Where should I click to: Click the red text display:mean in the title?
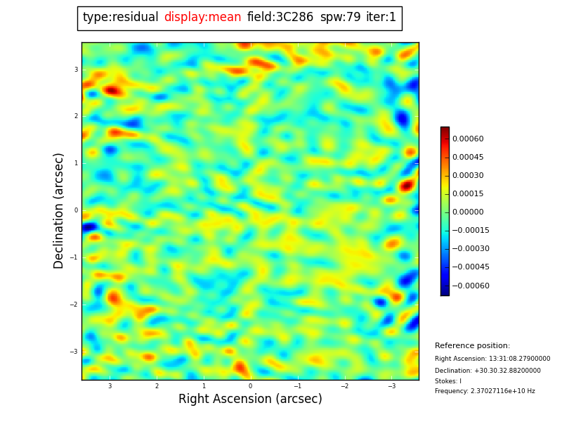[202, 18]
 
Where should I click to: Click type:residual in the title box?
[120, 18]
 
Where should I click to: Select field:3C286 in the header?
[280, 18]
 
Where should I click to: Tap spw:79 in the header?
[340, 18]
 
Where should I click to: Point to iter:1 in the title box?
[381, 18]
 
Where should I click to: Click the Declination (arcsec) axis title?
[59, 210]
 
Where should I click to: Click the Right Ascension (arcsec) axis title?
[250, 399]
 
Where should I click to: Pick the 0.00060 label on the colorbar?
[467, 139]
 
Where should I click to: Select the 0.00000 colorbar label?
[467, 212]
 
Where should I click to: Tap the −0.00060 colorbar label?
[470, 286]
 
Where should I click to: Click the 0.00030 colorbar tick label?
[467, 176]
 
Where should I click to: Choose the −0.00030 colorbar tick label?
[470, 249]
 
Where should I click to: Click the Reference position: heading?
[472, 346]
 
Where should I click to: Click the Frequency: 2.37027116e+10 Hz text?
[485, 391]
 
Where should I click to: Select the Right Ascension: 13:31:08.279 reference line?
[492, 359]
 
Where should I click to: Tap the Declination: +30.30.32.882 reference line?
[488, 371]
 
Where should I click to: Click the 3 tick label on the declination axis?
[76, 70]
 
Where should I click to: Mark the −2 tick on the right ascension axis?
[344, 386]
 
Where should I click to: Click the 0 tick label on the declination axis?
[76, 210]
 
